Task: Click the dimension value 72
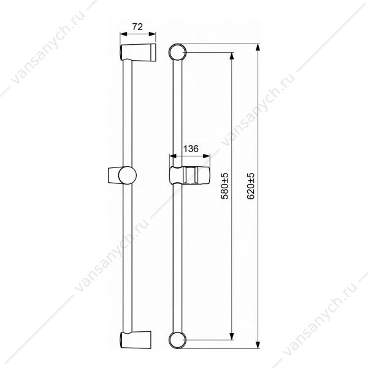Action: (137, 27)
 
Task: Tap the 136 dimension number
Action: (191, 148)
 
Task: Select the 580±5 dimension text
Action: (224, 186)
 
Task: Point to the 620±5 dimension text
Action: (251, 186)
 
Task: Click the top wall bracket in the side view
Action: (138, 52)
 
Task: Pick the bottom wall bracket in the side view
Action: (136, 340)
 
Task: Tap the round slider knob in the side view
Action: (128, 175)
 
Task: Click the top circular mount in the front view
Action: (177, 52)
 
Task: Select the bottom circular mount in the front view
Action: (177, 340)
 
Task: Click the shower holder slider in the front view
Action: (190, 175)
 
